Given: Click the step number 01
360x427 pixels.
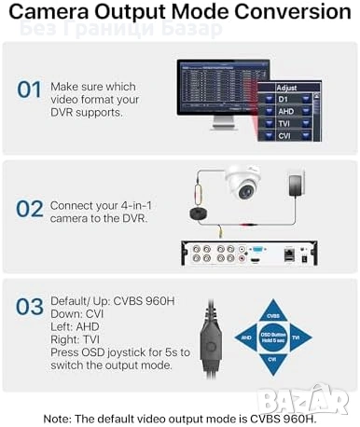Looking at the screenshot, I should click(30, 90).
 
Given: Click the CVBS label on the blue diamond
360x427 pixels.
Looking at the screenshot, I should click(273, 304).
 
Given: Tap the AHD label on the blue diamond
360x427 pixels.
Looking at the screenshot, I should click(246, 337).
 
